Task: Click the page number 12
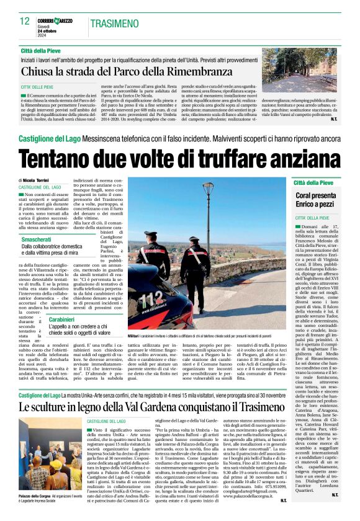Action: point(25,22)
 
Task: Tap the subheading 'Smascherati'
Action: point(37,221)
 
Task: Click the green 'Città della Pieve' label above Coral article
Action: point(314,184)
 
